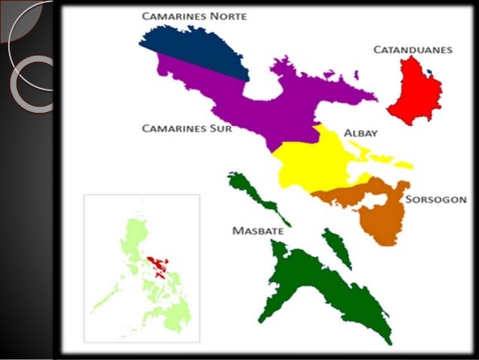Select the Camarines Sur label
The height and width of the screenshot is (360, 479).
click(x=187, y=129)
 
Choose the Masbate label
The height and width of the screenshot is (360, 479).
click(x=258, y=231)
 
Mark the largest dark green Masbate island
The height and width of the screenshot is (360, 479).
click(x=315, y=286)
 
